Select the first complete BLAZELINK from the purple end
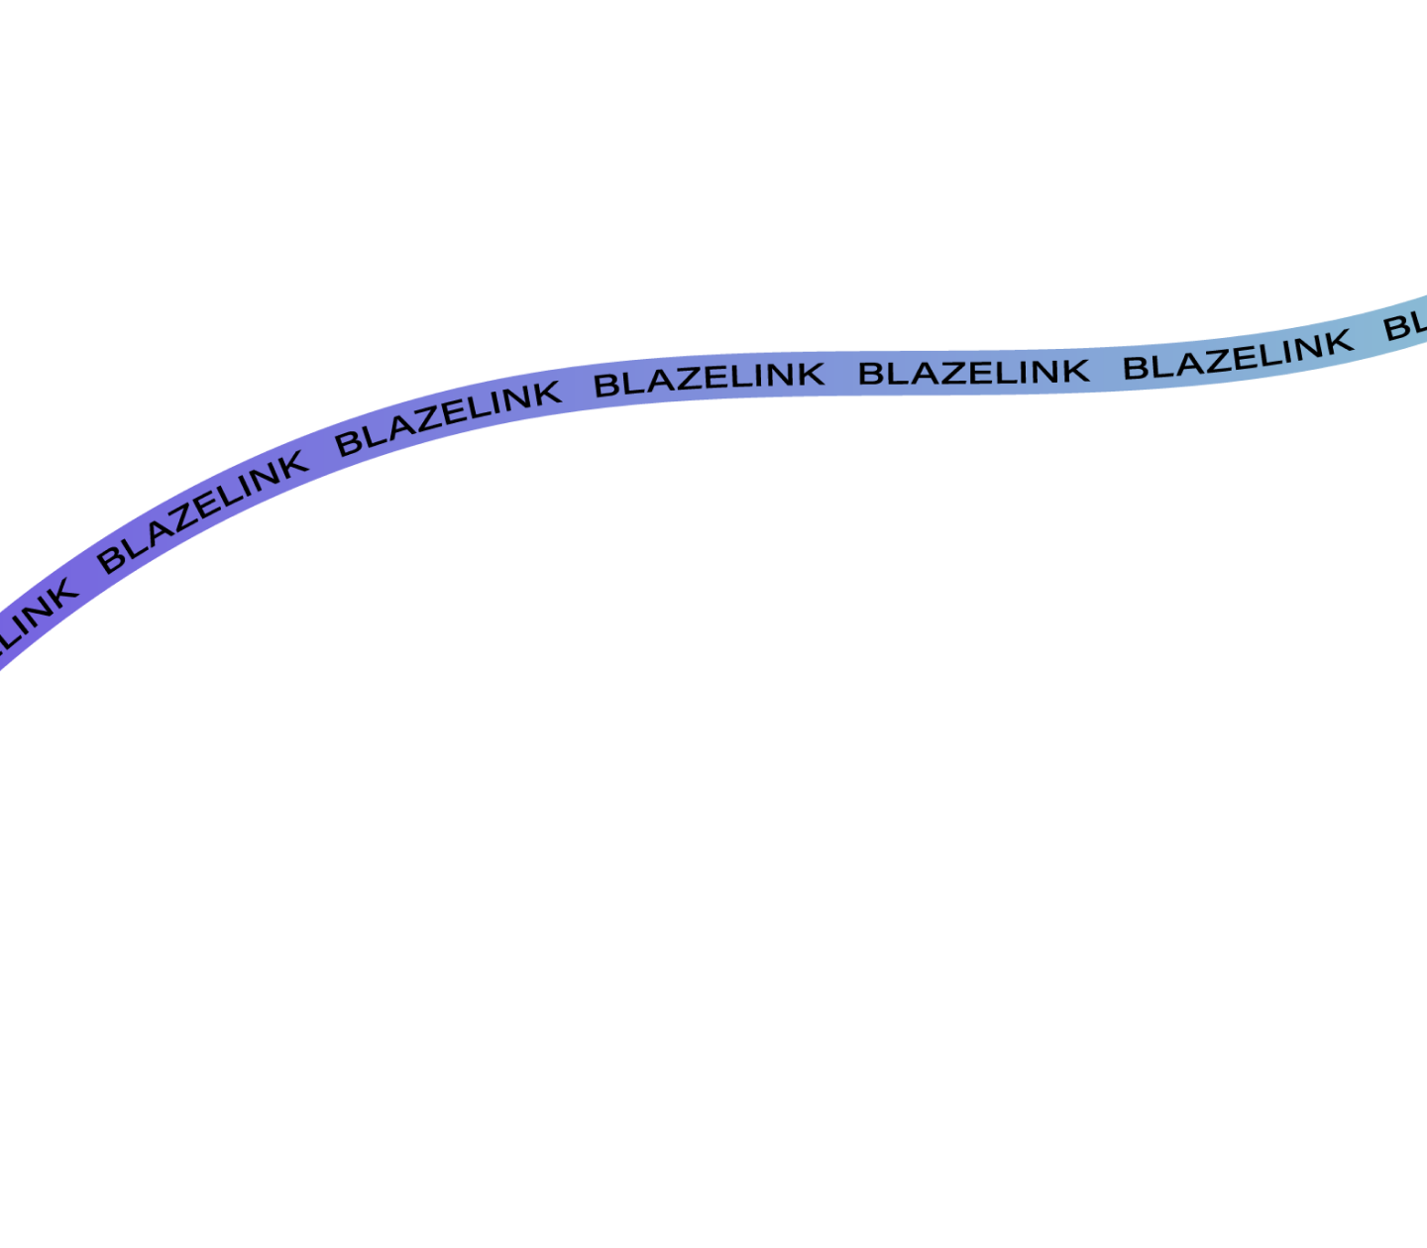click(x=202, y=511)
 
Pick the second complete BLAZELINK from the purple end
click(x=449, y=418)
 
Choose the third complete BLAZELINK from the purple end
click(x=710, y=380)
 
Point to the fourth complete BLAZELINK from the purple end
click(x=974, y=372)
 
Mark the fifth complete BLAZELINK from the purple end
click(x=1238, y=355)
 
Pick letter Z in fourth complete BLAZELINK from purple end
click(x=952, y=374)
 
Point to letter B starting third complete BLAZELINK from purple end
click(x=605, y=386)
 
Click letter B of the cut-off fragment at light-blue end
click(x=1396, y=328)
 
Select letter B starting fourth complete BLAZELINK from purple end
click(x=870, y=374)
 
